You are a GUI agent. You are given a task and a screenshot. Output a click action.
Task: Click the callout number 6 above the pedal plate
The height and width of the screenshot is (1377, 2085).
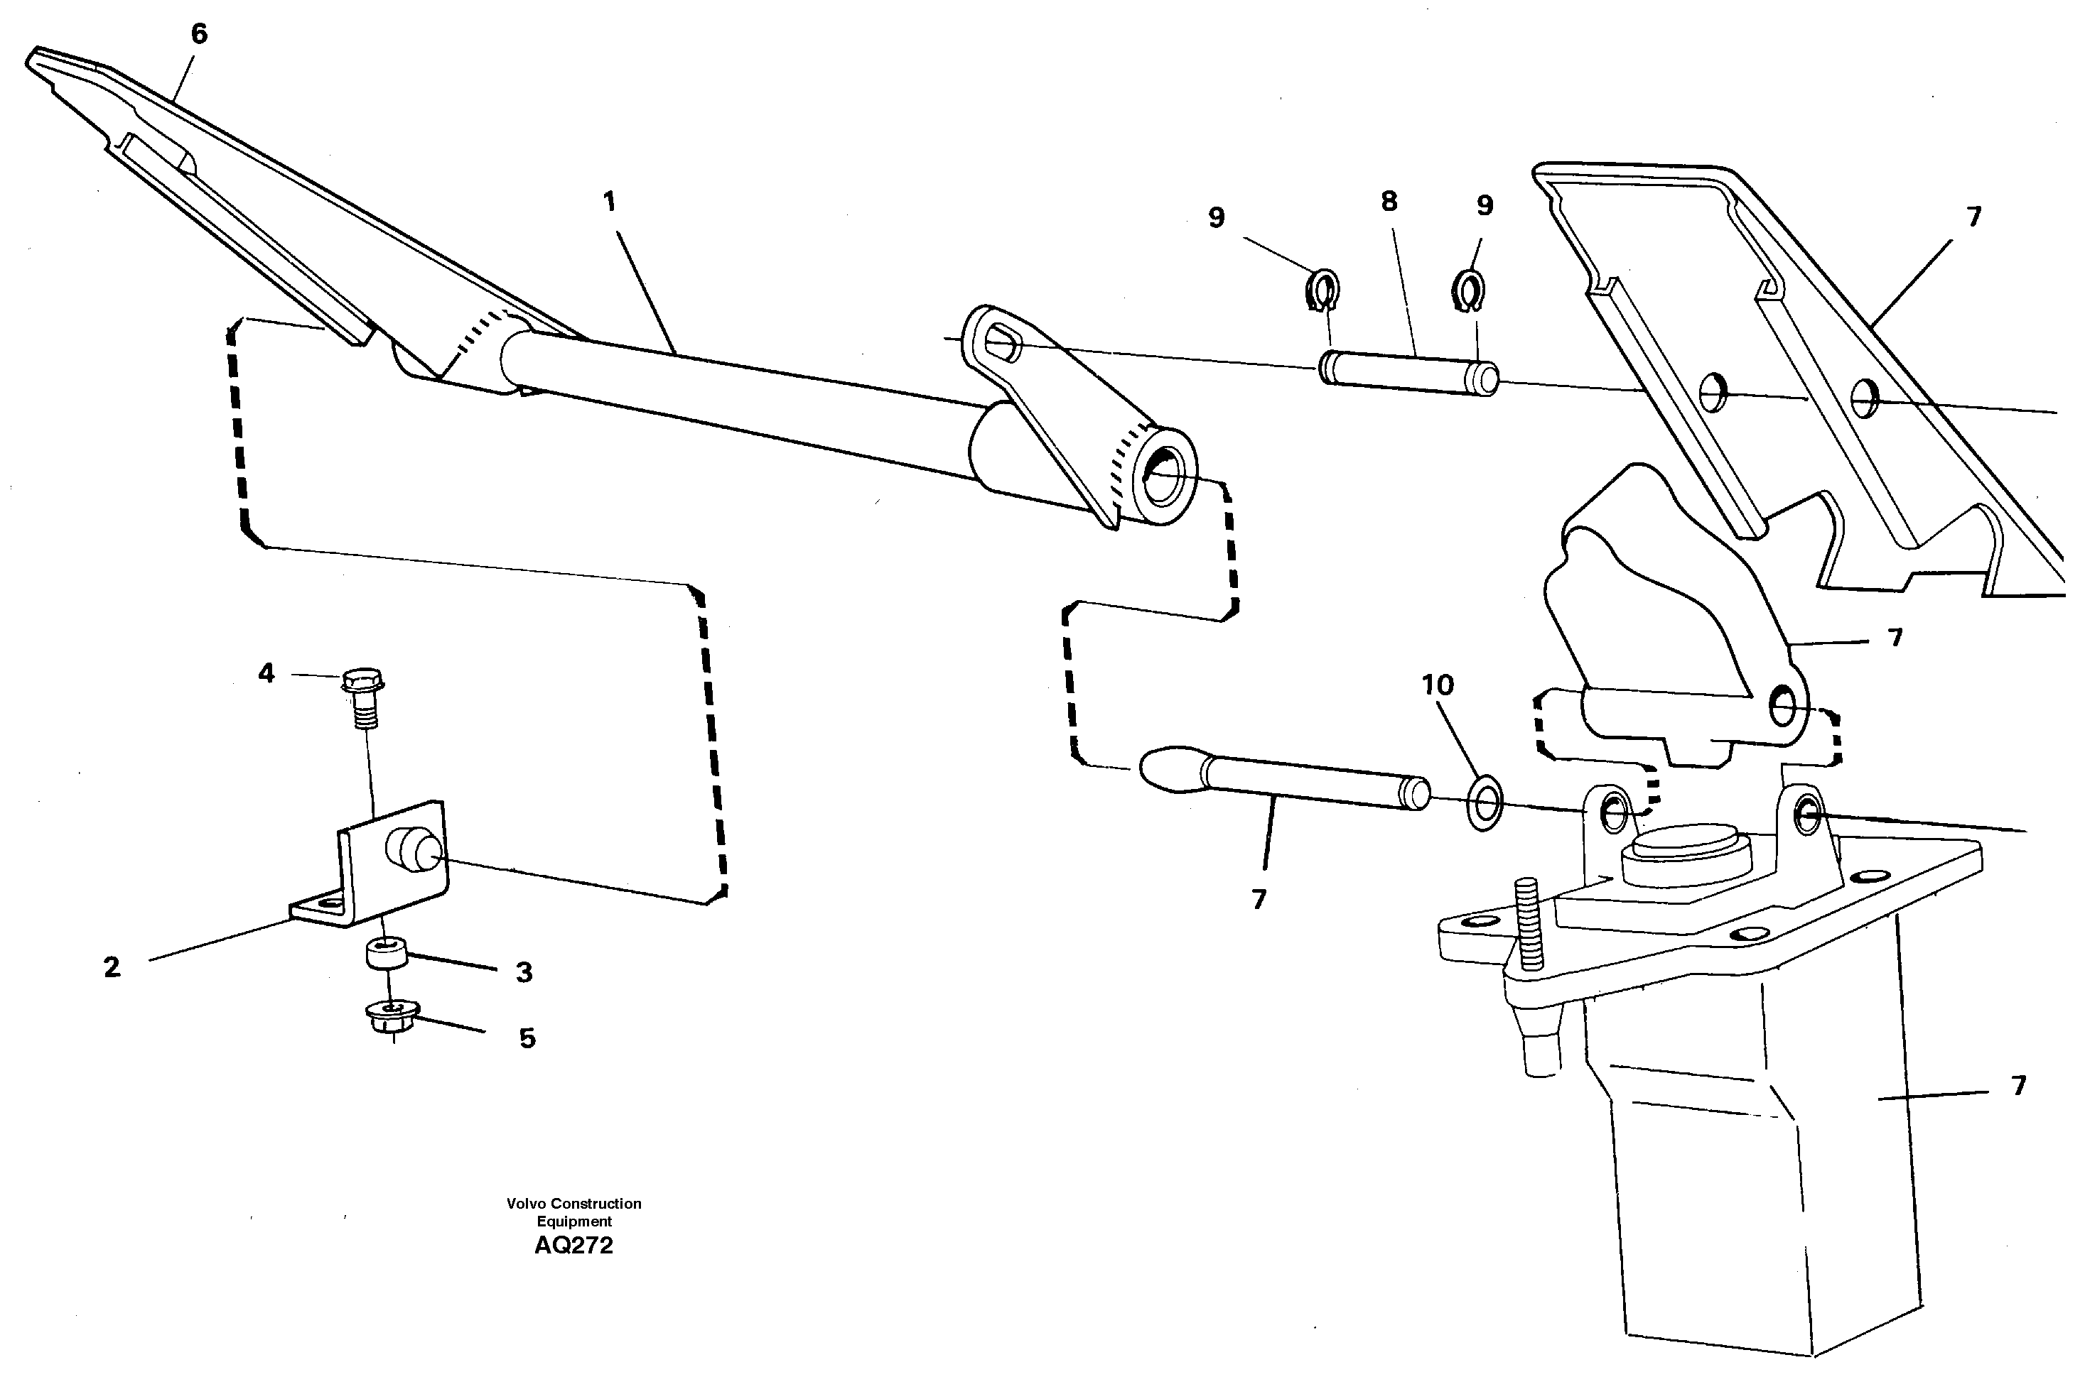click(x=200, y=34)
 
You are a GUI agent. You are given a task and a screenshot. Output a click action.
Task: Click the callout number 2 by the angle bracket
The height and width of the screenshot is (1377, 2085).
click(x=112, y=968)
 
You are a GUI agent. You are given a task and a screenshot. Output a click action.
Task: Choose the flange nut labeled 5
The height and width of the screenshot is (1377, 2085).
click(x=392, y=1016)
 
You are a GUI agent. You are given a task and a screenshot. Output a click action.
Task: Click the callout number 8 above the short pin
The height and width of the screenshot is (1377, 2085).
click(x=1389, y=202)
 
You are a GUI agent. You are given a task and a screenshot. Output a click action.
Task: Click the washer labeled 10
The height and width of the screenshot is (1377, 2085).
click(x=1484, y=802)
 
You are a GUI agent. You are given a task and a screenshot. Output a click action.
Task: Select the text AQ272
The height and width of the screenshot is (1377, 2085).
click(x=573, y=1246)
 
